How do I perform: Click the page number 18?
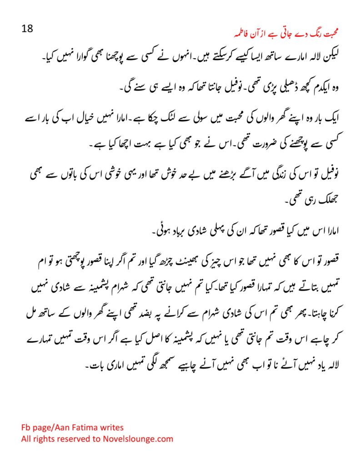point(27,28)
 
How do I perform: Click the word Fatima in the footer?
point(78,427)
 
